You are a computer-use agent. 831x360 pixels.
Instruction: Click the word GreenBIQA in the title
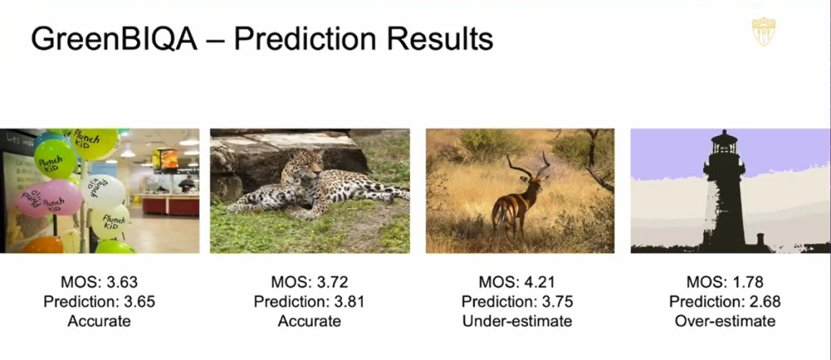point(114,40)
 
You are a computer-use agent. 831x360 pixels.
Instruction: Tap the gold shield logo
point(763,32)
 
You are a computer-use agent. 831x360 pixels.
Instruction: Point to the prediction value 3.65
point(139,302)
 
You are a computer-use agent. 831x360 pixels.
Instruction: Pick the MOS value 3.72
point(331,282)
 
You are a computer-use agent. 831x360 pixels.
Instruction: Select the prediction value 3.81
point(349,302)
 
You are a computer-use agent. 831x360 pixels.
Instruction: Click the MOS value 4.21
point(538,282)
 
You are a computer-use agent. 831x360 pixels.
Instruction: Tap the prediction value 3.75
point(557,302)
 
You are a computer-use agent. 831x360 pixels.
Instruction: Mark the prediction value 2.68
point(765,302)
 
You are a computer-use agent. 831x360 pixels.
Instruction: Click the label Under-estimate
point(517,322)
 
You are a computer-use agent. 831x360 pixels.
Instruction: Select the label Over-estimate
point(725,322)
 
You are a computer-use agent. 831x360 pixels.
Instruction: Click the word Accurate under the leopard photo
point(309,322)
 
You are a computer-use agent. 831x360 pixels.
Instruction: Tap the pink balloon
point(49,197)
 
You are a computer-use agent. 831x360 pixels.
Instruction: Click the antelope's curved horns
point(529,165)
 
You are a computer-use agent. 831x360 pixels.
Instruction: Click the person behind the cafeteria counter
point(186,184)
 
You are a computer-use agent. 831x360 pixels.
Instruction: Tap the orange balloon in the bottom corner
point(42,245)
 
